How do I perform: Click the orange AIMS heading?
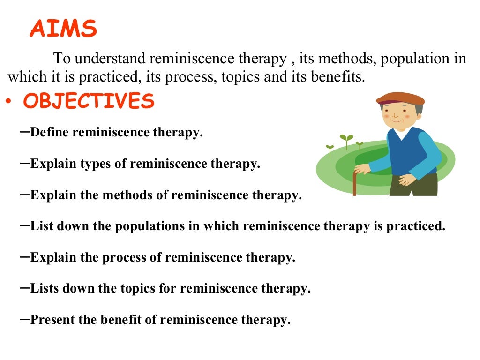coord(63,30)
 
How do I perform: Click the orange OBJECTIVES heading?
coord(89,101)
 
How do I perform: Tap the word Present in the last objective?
coord(52,320)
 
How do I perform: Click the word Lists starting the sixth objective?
coord(45,289)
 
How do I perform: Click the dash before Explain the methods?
coord(26,194)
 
